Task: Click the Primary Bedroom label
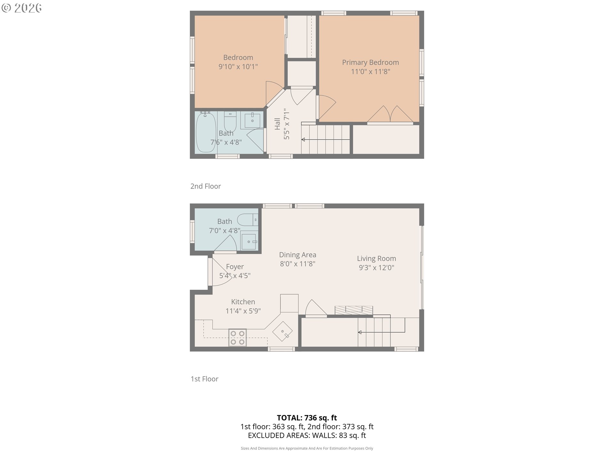coord(370,62)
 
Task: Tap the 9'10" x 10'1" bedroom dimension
coord(238,67)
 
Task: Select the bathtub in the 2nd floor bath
coord(206,132)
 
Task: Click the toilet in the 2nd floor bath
coord(230,121)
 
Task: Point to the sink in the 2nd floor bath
coord(252,120)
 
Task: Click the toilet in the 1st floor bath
coord(248,220)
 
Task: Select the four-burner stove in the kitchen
coord(238,338)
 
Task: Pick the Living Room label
coord(376,258)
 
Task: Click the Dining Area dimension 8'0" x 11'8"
coord(298,264)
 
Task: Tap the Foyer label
coord(235,267)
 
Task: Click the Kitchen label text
coord(243,302)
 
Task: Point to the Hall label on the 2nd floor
coord(277,124)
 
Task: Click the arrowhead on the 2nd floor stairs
coord(303,140)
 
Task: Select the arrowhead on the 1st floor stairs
coord(360,332)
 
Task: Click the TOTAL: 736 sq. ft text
coord(307,418)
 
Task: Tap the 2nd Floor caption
coord(206,186)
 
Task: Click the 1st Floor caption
coord(204,379)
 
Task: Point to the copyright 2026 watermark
coord(22,8)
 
